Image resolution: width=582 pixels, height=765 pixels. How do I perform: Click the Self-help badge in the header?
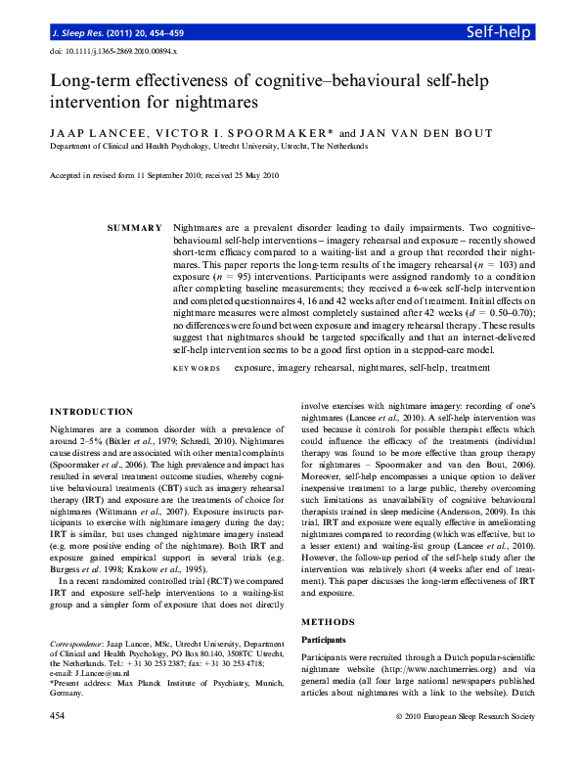click(499, 32)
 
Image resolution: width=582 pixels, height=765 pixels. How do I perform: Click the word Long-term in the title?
click(94, 82)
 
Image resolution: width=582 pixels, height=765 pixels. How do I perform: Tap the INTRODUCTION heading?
click(92, 412)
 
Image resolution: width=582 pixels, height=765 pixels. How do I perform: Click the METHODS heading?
click(328, 622)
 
